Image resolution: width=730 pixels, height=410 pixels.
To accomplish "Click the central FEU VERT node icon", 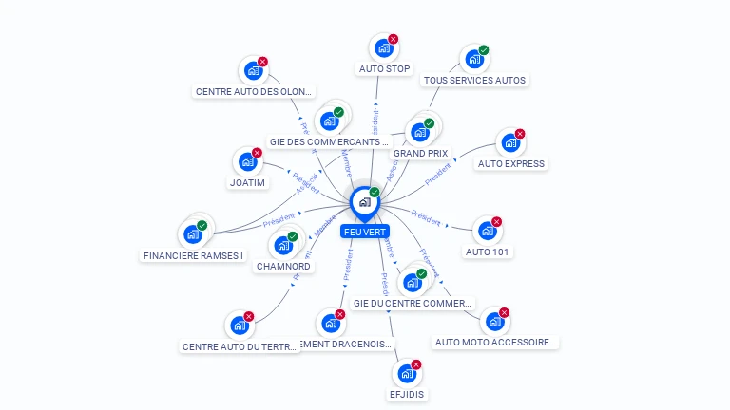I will pyautogui.click(x=364, y=201).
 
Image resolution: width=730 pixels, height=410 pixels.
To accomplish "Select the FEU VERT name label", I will pyautogui.click(x=364, y=231).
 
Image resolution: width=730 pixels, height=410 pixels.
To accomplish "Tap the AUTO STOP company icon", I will pyautogui.click(x=383, y=47).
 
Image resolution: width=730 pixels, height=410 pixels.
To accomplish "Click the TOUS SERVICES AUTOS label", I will pyautogui.click(x=474, y=81).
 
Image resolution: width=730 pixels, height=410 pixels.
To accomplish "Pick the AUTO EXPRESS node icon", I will pyautogui.click(x=510, y=143).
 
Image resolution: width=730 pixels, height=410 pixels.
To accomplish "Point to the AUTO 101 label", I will pyautogui.click(x=488, y=252).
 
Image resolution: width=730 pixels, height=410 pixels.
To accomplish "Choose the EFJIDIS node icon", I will pyautogui.click(x=407, y=374).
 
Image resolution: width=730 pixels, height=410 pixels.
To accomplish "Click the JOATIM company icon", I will pyautogui.click(x=247, y=161).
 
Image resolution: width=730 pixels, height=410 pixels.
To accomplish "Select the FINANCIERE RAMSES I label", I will pyautogui.click(x=193, y=255).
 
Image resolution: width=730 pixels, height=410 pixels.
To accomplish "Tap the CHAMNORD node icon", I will pyautogui.click(x=283, y=245).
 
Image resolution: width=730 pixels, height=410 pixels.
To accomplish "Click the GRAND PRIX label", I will pyautogui.click(x=420, y=153).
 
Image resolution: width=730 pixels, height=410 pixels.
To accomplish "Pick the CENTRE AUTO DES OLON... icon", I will pyautogui.click(x=254, y=71).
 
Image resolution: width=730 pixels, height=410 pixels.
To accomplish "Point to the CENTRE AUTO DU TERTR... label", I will pyautogui.click(x=239, y=346).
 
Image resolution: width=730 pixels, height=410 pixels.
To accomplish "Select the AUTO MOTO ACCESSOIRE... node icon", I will pyautogui.click(x=495, y=322).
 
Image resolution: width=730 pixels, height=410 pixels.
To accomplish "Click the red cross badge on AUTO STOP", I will pyautogui.click(x=393, y=39).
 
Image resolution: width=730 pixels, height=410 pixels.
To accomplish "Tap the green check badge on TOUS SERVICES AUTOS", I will pyautogui.click(x=484, y=50).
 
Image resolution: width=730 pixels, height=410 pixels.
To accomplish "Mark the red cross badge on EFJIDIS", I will pyautogui.click(x=416, y=364).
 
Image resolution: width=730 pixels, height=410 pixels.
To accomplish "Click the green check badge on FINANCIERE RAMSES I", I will pyautogui.click(x=202, y=225).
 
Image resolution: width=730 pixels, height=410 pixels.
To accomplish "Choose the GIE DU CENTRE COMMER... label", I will pyautogui.click(x=412, y=304).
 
